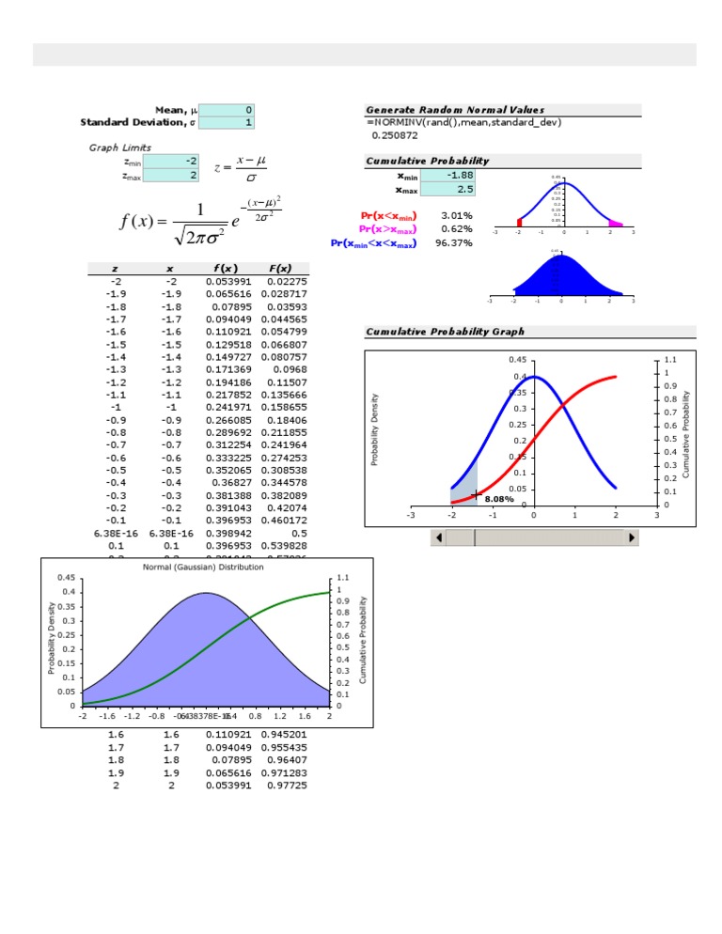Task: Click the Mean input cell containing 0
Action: [227, 110]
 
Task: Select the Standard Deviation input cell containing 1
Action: [227, 122]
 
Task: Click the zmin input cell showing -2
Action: [171, 161]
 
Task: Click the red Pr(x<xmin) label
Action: [389, 215]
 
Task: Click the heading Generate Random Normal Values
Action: [455, 110]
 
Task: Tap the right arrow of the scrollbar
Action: [632, 537]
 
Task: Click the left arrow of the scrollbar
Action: [436, 537]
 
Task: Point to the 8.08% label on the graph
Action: [499, 500]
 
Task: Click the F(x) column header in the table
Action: [279, 268]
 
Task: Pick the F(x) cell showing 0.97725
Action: [286, 786]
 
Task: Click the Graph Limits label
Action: [120, 148]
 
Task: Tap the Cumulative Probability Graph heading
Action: [445, 332]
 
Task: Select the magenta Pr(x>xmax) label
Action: [389, 229]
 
